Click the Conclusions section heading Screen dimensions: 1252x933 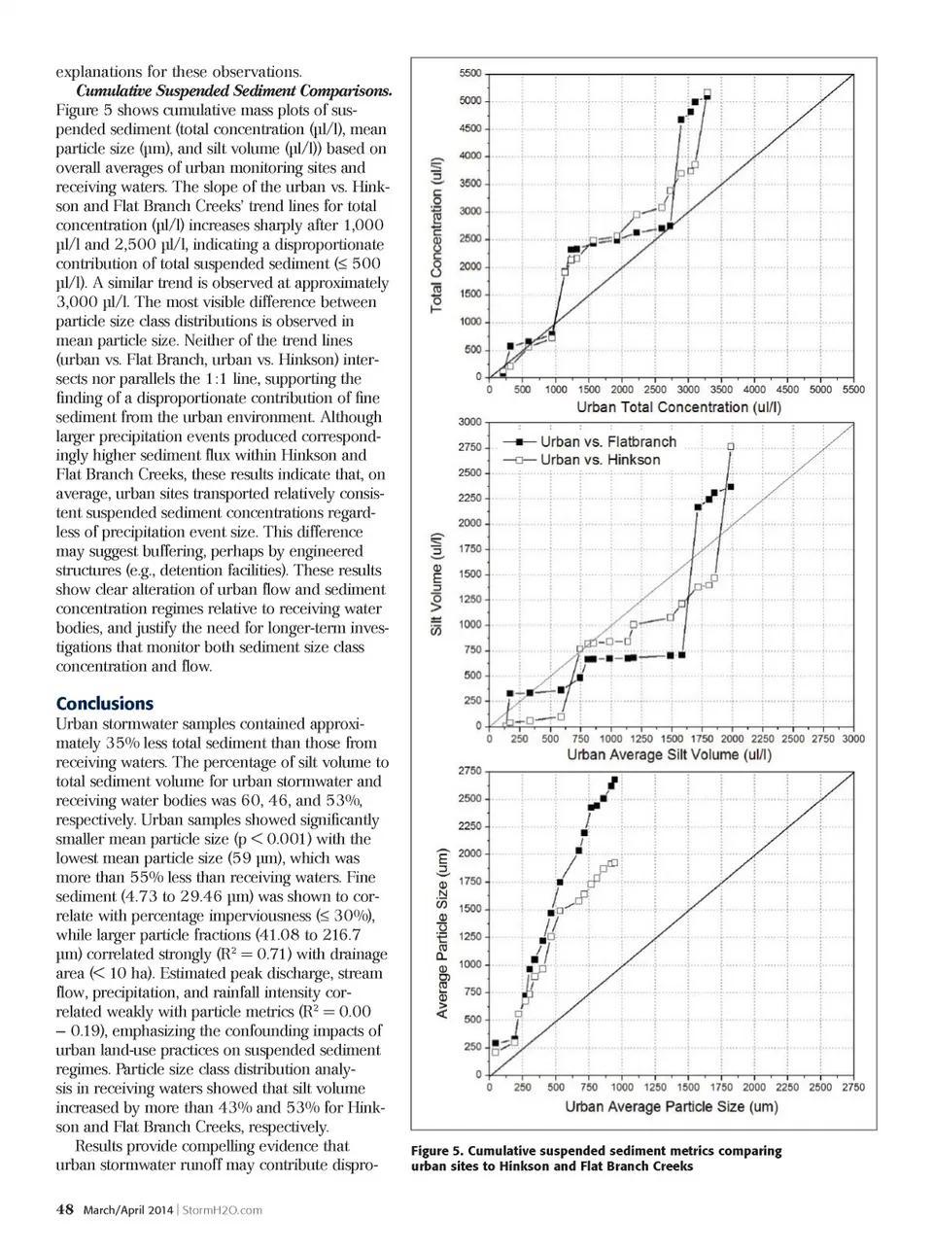[x=104, y=704]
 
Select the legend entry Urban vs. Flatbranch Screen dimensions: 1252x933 [x=607, y=441]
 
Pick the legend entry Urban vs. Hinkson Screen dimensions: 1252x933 [x=600, y=460]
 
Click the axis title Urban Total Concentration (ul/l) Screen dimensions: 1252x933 [x=678, y=407]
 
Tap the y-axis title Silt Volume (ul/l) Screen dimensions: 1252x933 [x=437, y=584]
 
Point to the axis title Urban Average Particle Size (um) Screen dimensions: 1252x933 [x=672, y=1106]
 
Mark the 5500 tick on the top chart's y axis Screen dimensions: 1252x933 [x=469, y=74]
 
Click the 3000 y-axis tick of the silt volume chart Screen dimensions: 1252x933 [x=469, y=422]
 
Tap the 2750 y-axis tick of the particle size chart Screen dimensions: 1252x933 [x=469, y=771]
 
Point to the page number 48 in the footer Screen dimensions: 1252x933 [x=65, y=1210]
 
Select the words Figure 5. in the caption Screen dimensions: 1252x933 [x=436, y=1151]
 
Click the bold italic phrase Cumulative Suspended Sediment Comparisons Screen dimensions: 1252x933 [x=233, y=90]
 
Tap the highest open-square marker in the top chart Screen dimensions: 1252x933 [x=707, y=93]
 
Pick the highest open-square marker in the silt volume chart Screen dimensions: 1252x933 [x=731, y=446]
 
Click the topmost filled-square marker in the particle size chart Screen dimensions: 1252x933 [x=614, y=780]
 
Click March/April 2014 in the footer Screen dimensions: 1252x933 [x=128, y=1210]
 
